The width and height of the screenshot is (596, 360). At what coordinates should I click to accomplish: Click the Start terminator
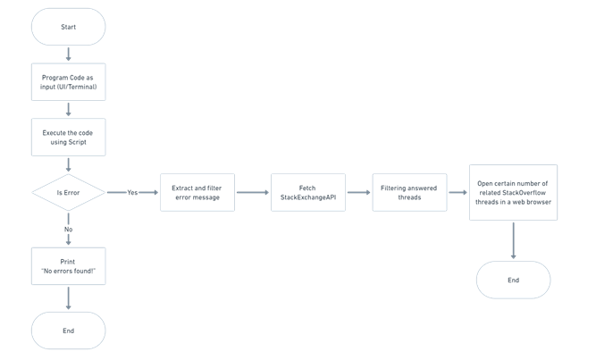(x=69, y=27)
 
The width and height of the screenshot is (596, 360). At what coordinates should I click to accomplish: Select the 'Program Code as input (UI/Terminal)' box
(x=69, y=82)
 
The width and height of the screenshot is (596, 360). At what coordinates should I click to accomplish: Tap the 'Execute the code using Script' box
(x=69, y=138)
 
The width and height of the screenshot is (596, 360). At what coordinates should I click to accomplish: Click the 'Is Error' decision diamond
(x=69, y=192)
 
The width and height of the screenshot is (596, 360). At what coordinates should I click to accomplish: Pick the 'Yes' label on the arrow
(x=132, y=192)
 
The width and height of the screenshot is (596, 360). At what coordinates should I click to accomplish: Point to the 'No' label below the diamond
(x=69, y=230)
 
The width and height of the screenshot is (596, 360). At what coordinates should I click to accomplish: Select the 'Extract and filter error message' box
(x=197, y=192)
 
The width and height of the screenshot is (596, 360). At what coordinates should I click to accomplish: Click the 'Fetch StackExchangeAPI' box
(x=308, y=192)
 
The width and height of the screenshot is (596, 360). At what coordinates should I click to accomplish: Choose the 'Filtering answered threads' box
(x=410, y=192)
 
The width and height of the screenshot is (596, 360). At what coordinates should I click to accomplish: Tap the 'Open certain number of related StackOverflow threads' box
(x=513, y=192)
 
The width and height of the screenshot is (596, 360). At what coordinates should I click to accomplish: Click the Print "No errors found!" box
(x=69, y=266)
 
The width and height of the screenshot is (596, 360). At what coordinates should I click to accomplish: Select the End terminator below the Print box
(x=69, y=331)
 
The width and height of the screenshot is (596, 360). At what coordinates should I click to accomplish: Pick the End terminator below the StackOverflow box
(x=513, y=280)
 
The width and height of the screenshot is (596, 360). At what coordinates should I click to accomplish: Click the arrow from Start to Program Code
(x=69, y=54)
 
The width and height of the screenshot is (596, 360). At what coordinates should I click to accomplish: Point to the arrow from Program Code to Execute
(x=69, y=110)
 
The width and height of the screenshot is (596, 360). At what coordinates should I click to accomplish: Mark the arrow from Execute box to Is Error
(x=69, y=165)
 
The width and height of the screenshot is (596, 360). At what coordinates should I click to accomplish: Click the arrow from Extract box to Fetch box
(x=253, y=192)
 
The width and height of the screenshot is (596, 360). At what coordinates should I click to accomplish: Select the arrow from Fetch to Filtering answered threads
(x=359, y=192)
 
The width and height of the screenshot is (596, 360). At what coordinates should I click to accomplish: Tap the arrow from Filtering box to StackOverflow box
(x=458, y=192)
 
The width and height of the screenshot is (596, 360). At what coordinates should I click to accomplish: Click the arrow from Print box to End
(x=69, y=298)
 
